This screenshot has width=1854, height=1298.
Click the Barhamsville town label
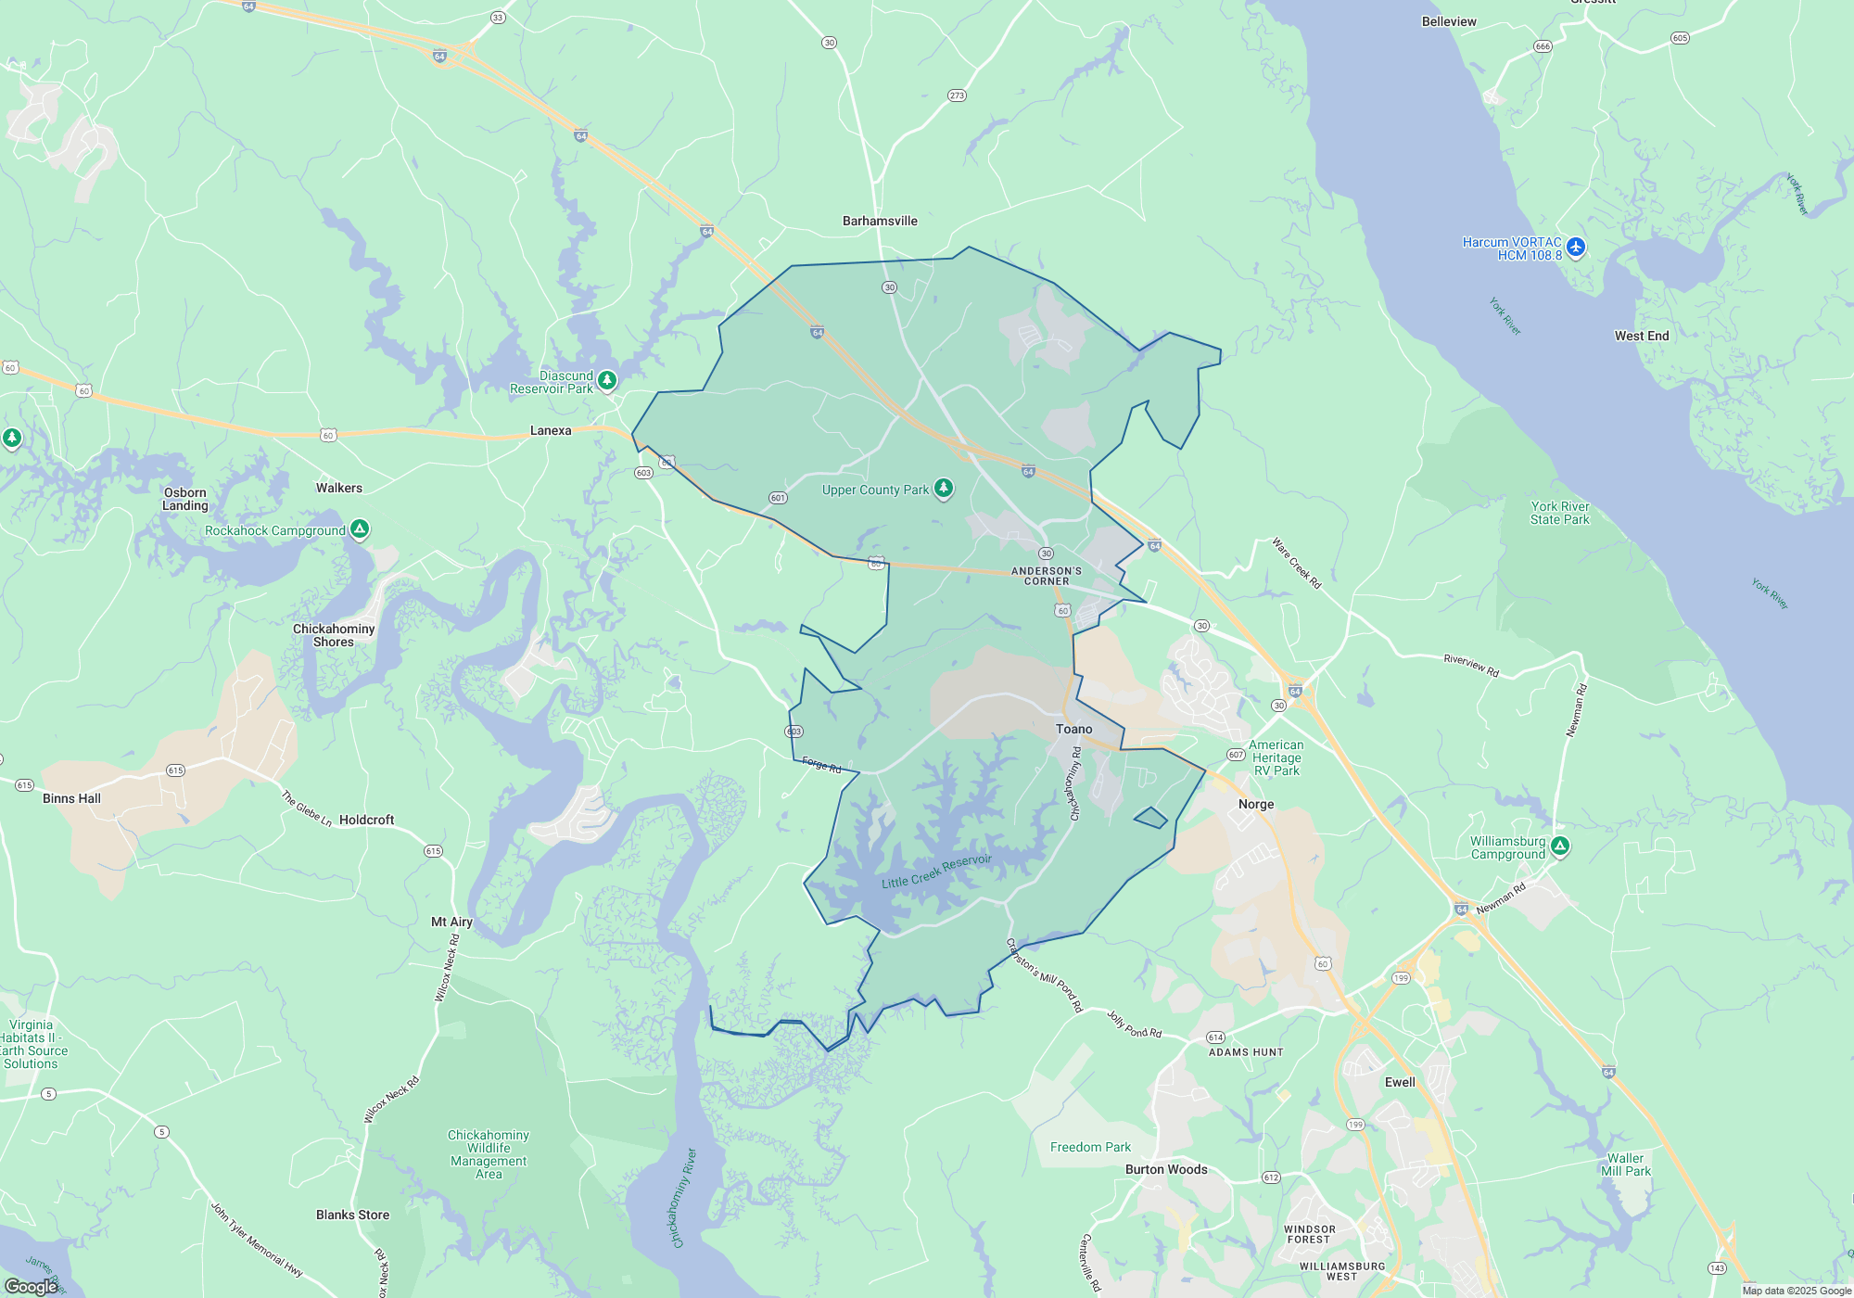pyautogui.click(x=880, y=221)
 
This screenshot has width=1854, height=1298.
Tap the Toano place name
pyautogui.click(x=1074, y=729)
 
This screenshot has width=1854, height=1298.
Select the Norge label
pyautogui.click(x=1256, y=804)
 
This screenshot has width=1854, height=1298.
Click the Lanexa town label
pyautogui.click(x=551, y=430)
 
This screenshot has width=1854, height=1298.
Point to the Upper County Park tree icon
pyautogui.click(x=944, y=488)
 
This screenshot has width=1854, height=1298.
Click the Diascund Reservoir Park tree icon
pyautogui.click(x=607, y=380)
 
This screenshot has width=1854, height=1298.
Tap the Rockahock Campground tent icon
pyautogui.click(x=360, y=529)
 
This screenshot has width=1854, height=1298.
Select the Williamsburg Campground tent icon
pyautogui.click(x=1560, y=846)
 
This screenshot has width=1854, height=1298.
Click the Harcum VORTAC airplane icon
pyautogui.click(x=1576, y=248)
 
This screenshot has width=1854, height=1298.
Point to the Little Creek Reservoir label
pyautogui.click(x=936, y=872)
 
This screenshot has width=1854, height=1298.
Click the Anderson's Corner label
pyautogui.click(x=1047, y=576)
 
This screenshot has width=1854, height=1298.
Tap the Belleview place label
pyautogui.click(x=1449, y=21)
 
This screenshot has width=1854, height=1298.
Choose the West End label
pyautogui.click(x=1642, y=336)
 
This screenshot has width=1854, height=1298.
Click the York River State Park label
pyautogui.click(x=1560, y=513)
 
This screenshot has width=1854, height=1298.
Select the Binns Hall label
pyautogui.click(x=71, y=798)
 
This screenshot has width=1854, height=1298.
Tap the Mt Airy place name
pyautogui.click(x=451, y=922)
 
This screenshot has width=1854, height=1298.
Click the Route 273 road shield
pyautogui.click(x=958, y=95)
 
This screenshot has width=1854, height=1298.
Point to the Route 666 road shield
pyautogui.click(x=1543, y=46)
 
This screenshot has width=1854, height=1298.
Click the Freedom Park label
pyautogui.click(x=1090, y=1147)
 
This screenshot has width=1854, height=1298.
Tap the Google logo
pyautogui.click(x=31, y=1286)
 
